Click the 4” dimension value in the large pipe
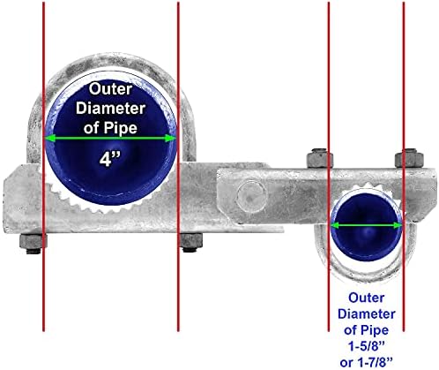pos(109,160)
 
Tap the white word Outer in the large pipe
pos(110,89)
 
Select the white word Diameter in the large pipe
pos(110,108)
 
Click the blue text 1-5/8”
pos(366,347)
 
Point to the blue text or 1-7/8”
pos(366,362)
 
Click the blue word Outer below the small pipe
pos(366,298)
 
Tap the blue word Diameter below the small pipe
pos(366,313)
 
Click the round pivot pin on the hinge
pos(252,196)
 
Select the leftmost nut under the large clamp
pos(33,243)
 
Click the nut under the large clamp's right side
pos(190,242)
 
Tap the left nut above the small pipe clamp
pos(319,159)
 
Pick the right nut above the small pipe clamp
pos(409,158)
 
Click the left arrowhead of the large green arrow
pos(50,139)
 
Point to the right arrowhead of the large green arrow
pos(170,139)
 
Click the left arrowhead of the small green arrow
pos(335,225)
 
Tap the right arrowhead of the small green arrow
pos(398,225)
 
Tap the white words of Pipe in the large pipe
pos(110,127)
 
